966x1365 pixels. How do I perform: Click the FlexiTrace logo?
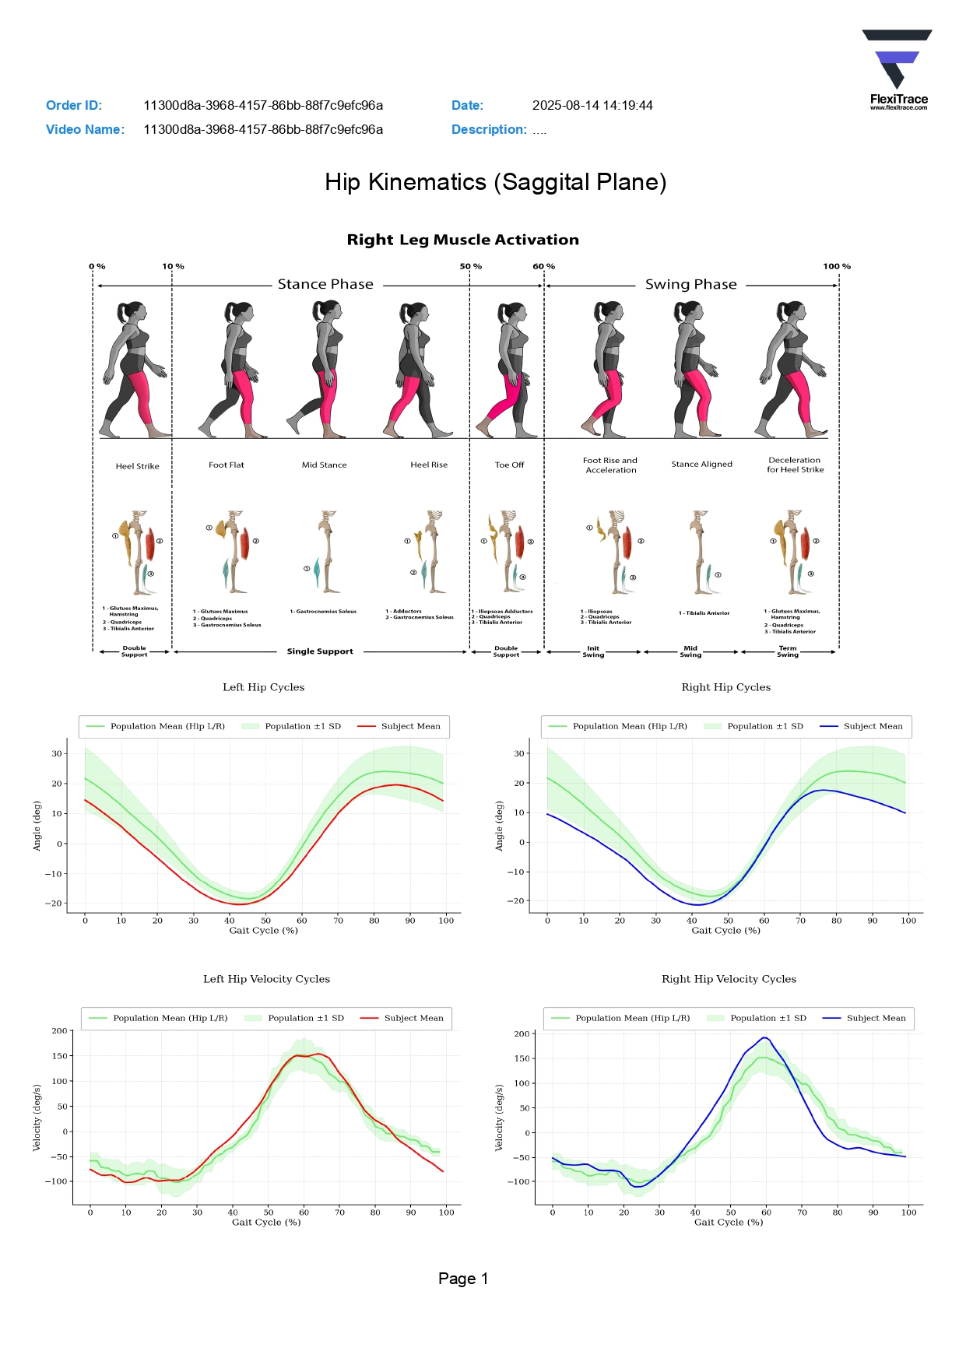pyautogui.click(x=898, y=69)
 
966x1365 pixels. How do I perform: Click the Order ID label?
pyautogui.click(x=74, y=106)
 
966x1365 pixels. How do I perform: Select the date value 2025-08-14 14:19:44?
pyautogui.click(x=592, y=106)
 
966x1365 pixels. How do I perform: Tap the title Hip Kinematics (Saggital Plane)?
pyautogui.click(x=495, y=182)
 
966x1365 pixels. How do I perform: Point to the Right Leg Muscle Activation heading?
pyautogui.click(x=462, y=240)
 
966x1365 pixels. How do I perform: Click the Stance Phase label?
pyautogui.click(x=325, y=285)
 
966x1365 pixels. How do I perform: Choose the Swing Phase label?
pyautogui.click(x=690, y=285)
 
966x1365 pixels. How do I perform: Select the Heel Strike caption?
pyautogui.click(x=137, y=467)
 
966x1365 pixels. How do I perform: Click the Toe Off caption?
pyautogui.click(x=509, y=465)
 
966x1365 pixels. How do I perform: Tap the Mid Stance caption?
pyautogui.click(x=324, y=465)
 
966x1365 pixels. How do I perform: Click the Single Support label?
pyautogui.click(x=320, y=652)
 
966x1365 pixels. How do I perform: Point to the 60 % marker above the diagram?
pyautogui.click(x=543, y=266)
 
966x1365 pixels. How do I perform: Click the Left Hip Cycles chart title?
pyautogui.click(x=263, y=687)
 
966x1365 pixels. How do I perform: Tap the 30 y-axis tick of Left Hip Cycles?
pyautogui.click(x=57, y=753)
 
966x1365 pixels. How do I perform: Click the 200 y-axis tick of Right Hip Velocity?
pyautogui.click(x=522, y=1034)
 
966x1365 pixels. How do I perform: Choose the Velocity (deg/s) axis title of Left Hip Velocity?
pyautogui.click(x=37, y=1118)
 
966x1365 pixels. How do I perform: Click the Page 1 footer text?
pyautogui.click(x=463, y=1279)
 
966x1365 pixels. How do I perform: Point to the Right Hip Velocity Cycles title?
pyautogui.click(x=729, y=979)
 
